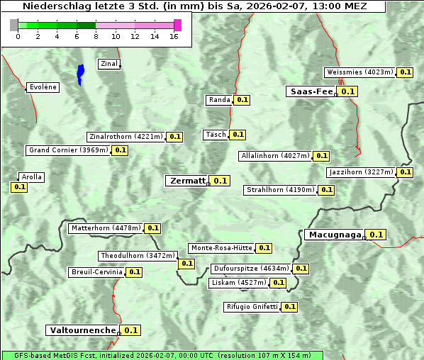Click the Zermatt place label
point(186,181)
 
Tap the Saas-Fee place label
point(311,91)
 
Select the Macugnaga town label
point(334,235)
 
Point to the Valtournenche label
point(82,330)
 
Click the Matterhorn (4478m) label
point(105,228)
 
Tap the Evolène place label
point(43,87)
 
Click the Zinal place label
point(109,64)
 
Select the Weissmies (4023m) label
point(359,72)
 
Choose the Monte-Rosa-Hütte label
point(221,248)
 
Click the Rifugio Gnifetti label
point(252,307)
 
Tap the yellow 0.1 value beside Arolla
point(19,187)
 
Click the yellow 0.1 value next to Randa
point(242,100)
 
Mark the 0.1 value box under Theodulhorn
point(186,264)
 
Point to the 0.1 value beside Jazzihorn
point(405,172)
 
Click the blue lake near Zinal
point(80,74)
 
